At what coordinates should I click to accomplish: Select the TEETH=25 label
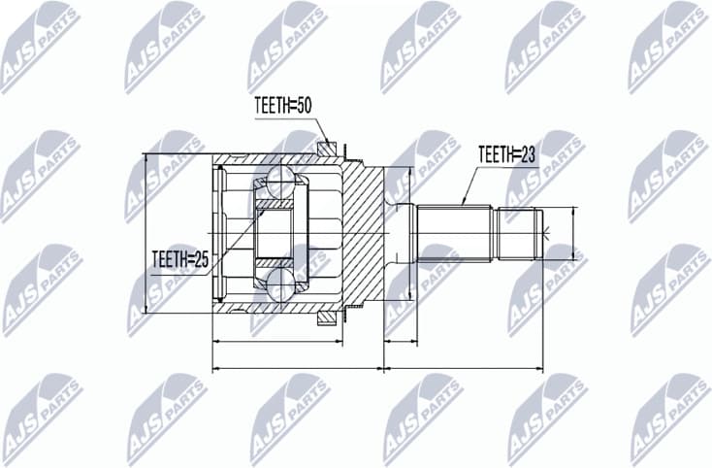tap(181, 258)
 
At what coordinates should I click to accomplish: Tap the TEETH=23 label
tap(506, 152)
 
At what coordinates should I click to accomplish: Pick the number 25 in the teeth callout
tap(201, 258)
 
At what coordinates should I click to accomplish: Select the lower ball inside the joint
tap(282, 286)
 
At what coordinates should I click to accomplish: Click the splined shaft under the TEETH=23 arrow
tap(456, 233)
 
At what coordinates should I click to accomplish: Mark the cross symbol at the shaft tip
tap(548, 233)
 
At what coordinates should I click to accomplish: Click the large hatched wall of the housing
tap(364, 233)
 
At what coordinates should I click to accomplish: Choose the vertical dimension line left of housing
tap(145, 233)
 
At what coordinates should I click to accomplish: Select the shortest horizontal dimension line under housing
tap(275, 342)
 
